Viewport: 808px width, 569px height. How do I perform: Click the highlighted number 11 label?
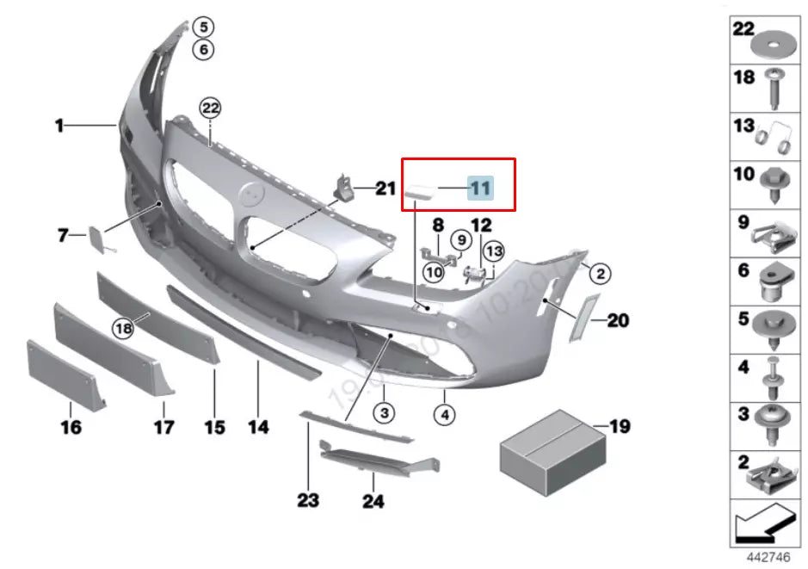click(x=479, y=187)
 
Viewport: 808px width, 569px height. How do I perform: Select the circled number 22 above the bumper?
click(x=211, y=108)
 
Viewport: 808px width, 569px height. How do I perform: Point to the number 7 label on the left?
click(x=62, y=234)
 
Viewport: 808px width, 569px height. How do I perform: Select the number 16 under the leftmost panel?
click(x=71, y=426)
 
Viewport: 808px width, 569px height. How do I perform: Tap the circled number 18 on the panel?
click(x=124, y=327)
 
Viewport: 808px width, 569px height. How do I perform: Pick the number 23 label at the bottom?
click(x=308, y=500)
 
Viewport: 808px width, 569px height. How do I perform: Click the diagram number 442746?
click(x=768, y=557)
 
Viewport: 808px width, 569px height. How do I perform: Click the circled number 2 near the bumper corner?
click(x=600, y=275)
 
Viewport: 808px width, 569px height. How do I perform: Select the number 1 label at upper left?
click(x=59, y=127)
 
